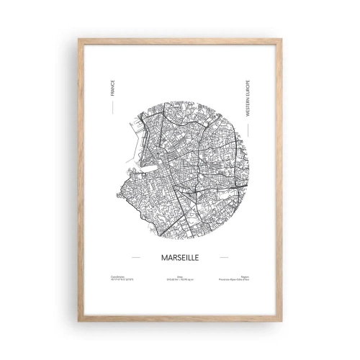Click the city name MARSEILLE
pos(179,255)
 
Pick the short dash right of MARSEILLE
pos(224,255)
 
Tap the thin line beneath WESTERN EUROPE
pos(247,130)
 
